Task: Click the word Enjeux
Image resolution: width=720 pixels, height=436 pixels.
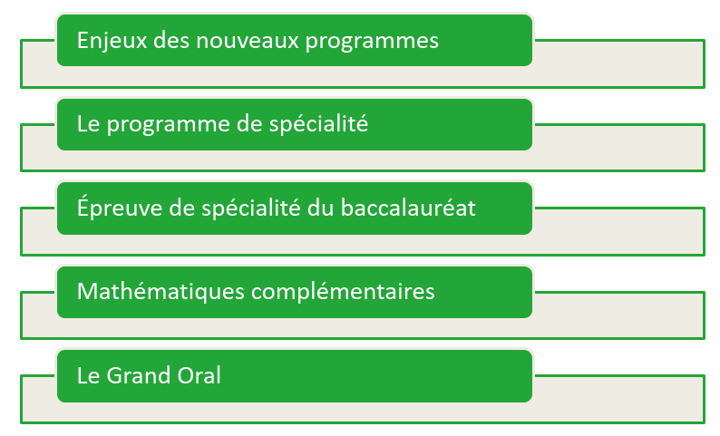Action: point(112,42)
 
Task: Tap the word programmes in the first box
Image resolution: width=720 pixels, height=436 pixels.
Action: point(372,43)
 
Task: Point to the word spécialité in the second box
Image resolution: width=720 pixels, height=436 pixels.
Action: point(318,123)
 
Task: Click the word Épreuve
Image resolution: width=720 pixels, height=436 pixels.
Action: point(120,207)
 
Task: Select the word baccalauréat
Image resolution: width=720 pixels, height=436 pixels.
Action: point(408,208)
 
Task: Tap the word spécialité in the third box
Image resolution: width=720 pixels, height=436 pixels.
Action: point(251,208)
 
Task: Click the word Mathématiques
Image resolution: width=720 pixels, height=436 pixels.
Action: point(161,291)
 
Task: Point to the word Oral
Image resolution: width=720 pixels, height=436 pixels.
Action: point(199,375)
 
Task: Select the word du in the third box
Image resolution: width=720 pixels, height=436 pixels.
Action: point(321,208)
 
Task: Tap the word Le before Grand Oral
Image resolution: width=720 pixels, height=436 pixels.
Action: point(89,375)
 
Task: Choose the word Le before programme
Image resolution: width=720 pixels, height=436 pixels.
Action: point(89,124)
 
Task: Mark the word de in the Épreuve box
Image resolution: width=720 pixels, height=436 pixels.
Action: point(182,208)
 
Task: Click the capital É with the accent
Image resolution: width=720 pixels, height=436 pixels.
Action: point(83,206)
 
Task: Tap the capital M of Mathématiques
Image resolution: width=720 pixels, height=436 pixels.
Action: point(86,292)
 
